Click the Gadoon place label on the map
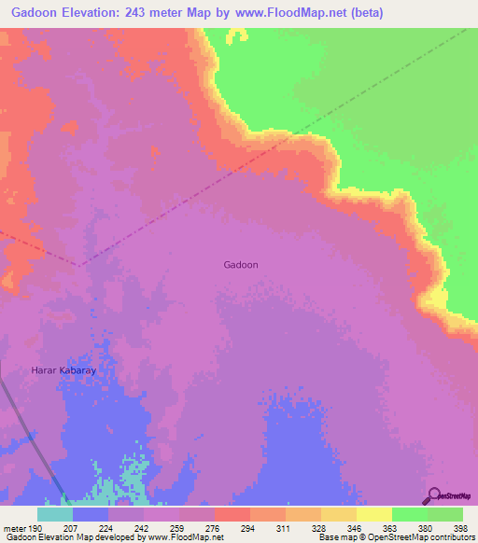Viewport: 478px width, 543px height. (x=241, y=265)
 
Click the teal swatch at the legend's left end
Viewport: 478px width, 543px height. (x=55, y=514)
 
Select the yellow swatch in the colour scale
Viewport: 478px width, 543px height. (x=373, y=514)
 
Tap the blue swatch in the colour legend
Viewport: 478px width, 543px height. (x=91, y=514)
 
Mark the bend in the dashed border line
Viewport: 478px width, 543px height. (x=78, y=265)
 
